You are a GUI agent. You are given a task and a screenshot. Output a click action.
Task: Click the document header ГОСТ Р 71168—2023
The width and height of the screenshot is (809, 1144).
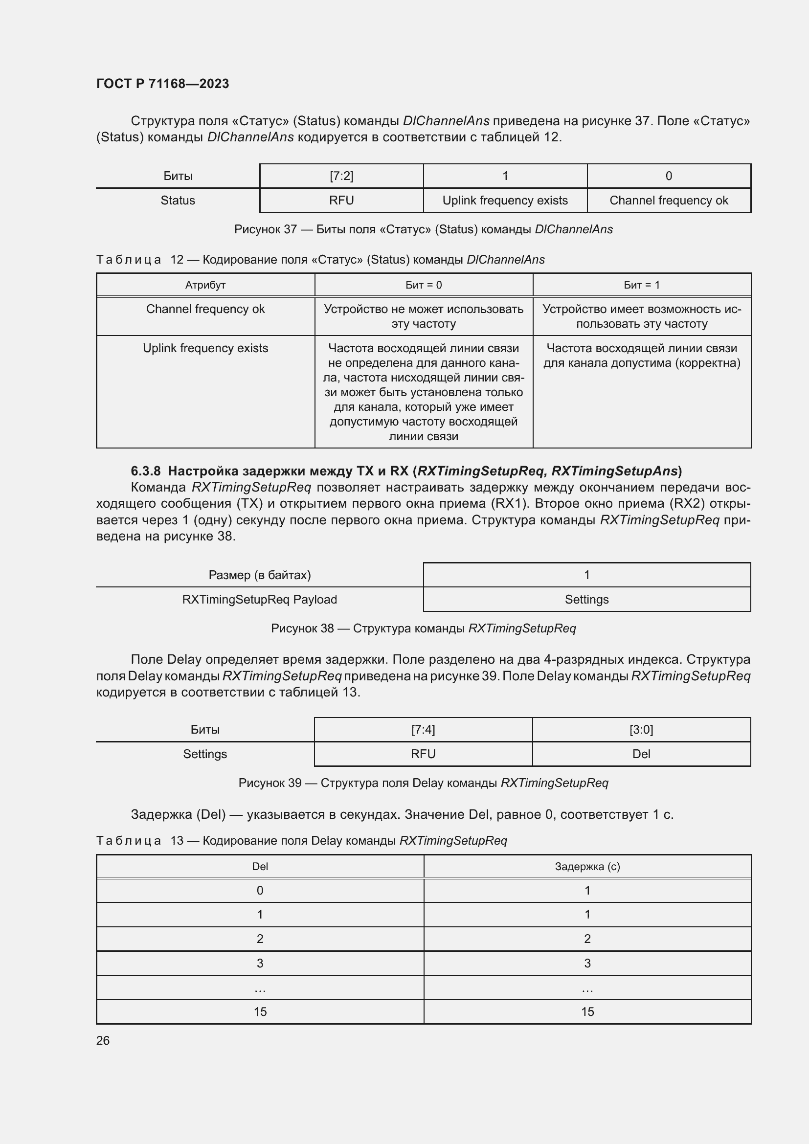click(162, 84)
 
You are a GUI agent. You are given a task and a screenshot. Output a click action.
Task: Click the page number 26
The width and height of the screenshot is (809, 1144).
click(103, 1040)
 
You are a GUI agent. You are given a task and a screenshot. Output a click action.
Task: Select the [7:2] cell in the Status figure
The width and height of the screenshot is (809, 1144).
click(341, 176)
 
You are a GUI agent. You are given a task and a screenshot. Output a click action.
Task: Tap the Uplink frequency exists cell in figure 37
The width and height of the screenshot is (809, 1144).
click(505, 201)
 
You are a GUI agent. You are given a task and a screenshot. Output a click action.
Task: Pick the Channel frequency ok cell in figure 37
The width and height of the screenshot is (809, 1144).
click(668, 201)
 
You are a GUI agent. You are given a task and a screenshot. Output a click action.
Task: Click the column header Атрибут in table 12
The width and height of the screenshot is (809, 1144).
click(205, 285)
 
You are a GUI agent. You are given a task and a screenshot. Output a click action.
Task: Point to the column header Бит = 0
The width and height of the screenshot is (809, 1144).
click(424, 285)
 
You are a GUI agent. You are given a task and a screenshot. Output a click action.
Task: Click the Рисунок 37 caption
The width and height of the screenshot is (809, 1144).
click(423, 229)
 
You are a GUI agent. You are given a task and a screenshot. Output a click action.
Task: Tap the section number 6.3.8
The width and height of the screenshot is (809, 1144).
click(145, 471)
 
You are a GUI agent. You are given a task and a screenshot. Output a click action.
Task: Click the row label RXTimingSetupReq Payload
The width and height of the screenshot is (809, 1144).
click(259, 600)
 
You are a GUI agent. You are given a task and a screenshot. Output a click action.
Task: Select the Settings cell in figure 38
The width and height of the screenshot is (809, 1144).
click(586, 600)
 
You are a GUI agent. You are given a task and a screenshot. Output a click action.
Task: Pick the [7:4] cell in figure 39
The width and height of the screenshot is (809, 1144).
click(423, 729)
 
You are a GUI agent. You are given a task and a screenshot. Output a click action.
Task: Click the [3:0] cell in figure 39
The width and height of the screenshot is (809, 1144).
click(641, 729)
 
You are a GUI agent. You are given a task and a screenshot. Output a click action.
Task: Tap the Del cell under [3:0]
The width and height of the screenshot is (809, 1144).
click(641, 754)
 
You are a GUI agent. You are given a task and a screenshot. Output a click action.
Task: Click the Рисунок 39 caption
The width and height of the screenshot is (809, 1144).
click(423, 783)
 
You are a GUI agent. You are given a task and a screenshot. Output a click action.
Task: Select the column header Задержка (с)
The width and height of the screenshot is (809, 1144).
click(587, 867)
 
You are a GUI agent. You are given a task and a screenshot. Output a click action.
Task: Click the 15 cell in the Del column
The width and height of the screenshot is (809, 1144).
click(260, 1011)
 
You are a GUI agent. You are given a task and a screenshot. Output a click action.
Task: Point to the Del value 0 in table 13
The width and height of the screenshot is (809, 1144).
click(260, 890)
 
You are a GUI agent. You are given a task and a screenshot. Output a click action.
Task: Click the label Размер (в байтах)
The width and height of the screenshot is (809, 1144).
click(259, 575)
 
